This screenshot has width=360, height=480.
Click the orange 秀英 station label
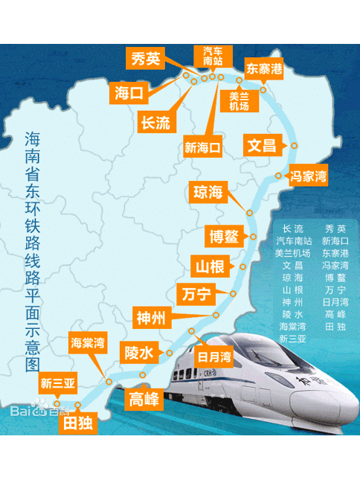point(145,60)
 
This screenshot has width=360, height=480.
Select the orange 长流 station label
point(155,123)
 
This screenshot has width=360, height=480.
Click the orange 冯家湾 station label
point(308,176)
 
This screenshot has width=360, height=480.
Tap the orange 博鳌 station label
point(223,237)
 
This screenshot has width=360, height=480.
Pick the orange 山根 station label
point(210,266)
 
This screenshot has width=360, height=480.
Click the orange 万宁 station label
point(196,294)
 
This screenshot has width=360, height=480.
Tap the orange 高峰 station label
point(144,399)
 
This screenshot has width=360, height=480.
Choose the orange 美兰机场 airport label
point(239,100)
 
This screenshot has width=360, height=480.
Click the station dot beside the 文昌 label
point(295,146)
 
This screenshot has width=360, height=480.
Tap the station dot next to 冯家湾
point(278,176)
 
